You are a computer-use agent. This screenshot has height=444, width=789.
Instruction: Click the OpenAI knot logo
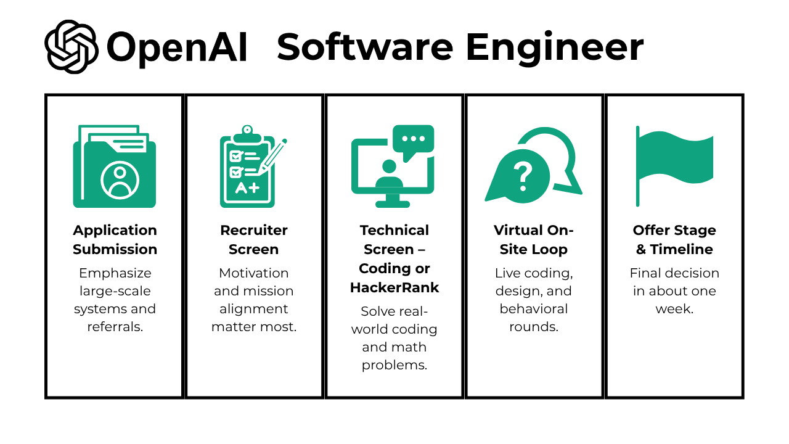point(72,47)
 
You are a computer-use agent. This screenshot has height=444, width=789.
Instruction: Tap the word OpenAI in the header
point(177,47)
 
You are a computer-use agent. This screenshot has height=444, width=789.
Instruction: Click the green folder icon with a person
point(115,166)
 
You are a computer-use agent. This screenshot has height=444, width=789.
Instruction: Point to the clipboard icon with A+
point(250,168)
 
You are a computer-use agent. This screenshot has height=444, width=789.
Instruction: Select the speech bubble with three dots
point(414,141)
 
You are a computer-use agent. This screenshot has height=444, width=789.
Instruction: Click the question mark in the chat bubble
point(523,175)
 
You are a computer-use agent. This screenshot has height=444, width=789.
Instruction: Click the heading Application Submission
point(115,239)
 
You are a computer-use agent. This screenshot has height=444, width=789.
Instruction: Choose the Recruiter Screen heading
point(254,239)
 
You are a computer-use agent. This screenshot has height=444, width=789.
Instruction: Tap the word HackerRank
point(394,287)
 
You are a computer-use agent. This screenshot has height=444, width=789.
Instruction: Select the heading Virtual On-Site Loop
point(534,239)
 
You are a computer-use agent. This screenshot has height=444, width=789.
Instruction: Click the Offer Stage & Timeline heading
point(674,239)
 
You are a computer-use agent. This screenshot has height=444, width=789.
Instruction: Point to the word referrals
point(115,327)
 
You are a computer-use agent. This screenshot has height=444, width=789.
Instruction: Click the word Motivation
point(254,273)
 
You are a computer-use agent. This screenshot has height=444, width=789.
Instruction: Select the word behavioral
point(534,309)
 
